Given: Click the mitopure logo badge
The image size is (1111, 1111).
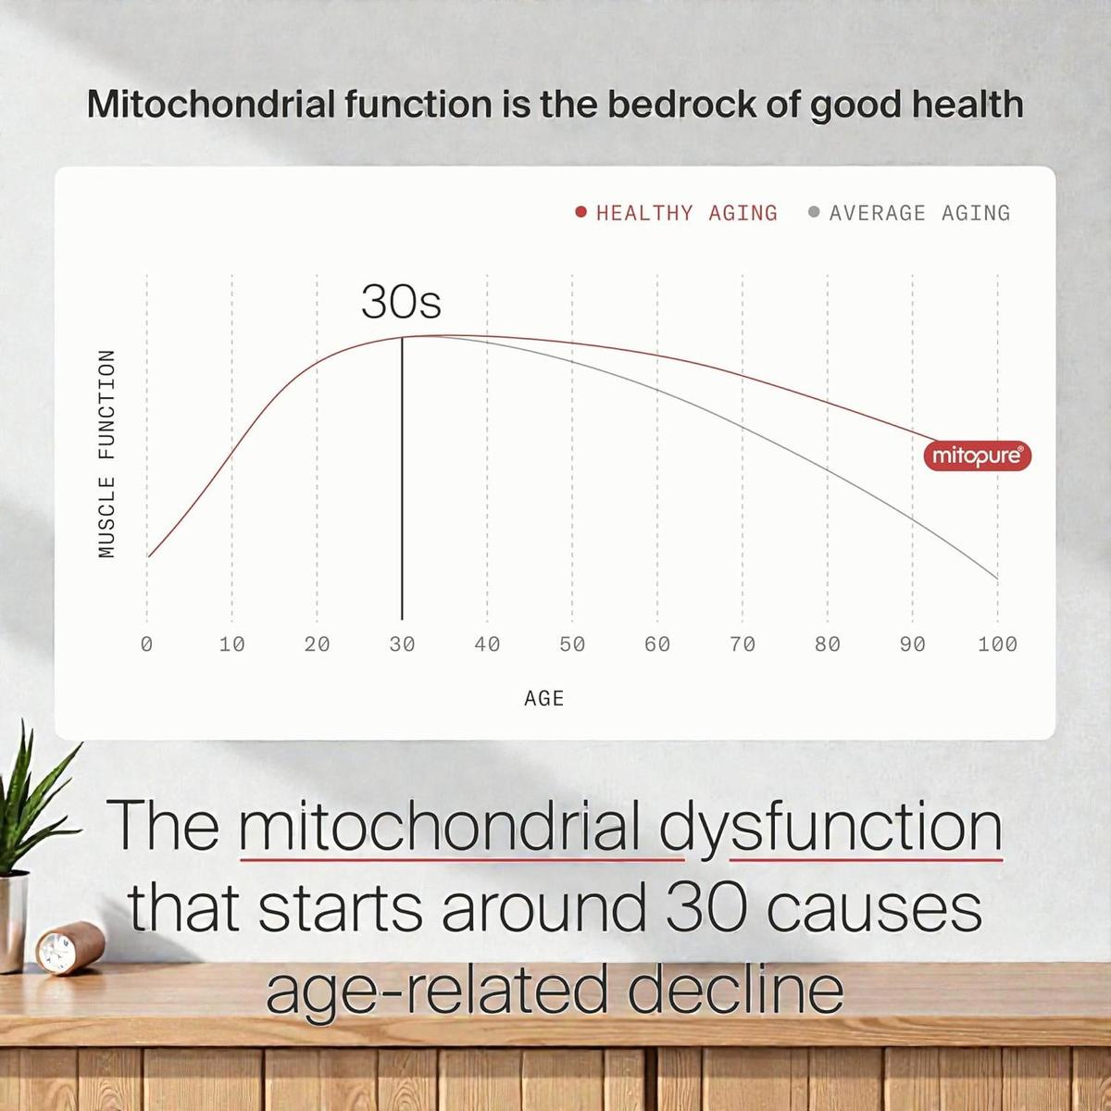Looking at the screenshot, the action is click(978, 456).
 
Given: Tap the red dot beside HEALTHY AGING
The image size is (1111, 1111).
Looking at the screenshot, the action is click(581, 212).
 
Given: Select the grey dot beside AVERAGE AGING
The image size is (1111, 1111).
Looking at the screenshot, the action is click(814, 212).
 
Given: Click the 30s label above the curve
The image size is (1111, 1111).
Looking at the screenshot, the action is click(401, 302).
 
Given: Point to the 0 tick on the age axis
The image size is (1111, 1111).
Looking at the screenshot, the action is click(146, 644).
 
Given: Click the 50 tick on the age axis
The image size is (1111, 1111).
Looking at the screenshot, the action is click(572, 644).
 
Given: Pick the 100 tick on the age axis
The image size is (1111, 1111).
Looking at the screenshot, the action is click(997, 644).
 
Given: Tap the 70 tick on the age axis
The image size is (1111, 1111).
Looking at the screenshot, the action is click(742, 644).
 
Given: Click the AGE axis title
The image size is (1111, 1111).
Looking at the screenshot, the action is click(543, 699).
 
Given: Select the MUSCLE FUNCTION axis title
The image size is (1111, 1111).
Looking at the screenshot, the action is click(106, 454).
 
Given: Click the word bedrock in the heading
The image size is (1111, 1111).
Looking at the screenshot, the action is click(680, 105).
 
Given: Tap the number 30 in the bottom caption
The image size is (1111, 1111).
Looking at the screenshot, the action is click(708, 909).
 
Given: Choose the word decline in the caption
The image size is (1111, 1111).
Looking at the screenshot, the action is click(735, 990).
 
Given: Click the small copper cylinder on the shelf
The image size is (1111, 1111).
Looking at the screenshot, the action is click(70, 947).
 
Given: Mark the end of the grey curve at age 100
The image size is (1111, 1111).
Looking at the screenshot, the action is click(997, 579).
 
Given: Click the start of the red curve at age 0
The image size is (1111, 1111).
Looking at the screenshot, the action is click(147, 557).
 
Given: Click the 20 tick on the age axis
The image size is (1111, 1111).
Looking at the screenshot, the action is click(317, 644).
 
